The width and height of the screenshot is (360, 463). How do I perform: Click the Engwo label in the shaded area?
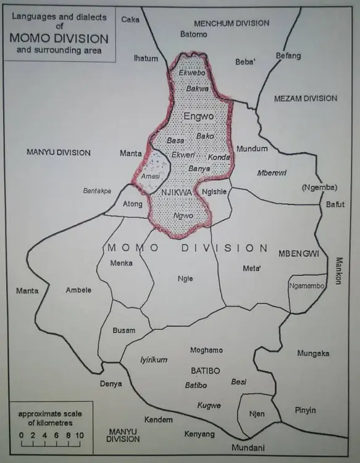click(x=198, y=116)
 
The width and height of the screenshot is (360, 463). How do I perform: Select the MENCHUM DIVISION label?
click(x=232, y=23)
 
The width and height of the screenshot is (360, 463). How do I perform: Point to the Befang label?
click(x=288, y=56)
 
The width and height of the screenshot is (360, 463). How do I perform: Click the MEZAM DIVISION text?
click(x=306, y=98)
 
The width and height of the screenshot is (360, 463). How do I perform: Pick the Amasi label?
click(x=151, y=177)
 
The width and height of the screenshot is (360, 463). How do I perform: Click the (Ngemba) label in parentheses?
click(x=317, y=187)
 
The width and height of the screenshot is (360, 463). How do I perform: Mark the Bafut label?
click(x=336, y=204)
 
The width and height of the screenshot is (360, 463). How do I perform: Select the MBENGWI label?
click(x=298, y=254)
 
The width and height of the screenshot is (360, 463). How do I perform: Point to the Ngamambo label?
click(x=306, y=286)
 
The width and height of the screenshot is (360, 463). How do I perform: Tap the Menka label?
click(x=121, y=263)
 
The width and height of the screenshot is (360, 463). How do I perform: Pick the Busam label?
click(x=123, y=330)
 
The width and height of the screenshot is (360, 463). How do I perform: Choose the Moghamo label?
click(x=206, y=350)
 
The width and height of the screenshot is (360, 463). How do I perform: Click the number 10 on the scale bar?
click(x=80, y=435)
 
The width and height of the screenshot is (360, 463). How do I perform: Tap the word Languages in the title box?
click(x=31, y=15)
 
